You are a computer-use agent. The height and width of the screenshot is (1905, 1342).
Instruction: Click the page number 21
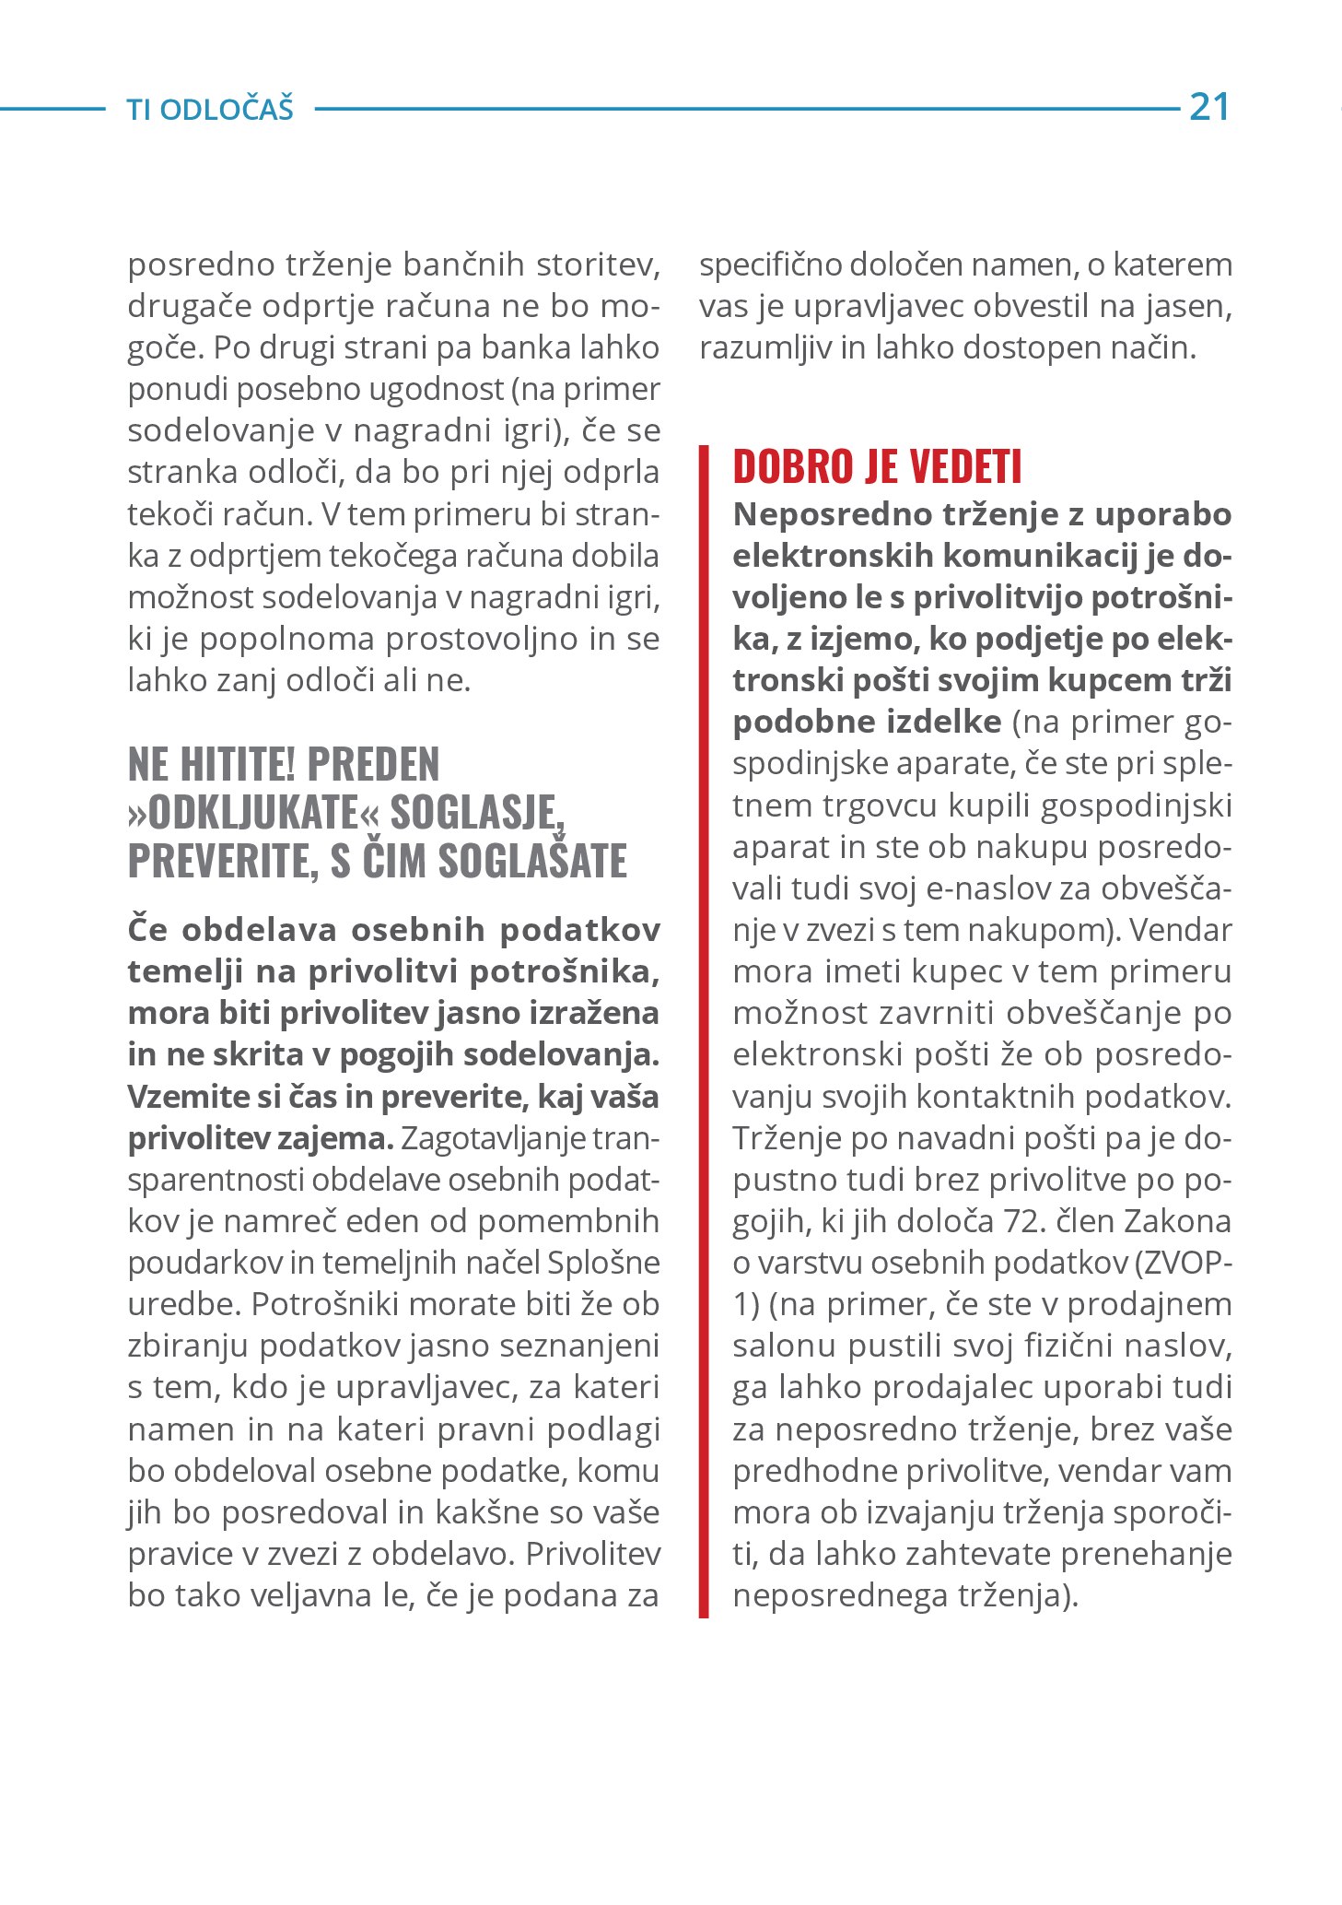pyautogui.click(x=1209, y=108)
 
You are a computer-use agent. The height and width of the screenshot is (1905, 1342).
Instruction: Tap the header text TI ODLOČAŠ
pyautogui.click(x=210, y=110)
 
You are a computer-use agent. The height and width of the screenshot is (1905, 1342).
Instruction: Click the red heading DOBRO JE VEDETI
pyautogui.click(x=877, y=467)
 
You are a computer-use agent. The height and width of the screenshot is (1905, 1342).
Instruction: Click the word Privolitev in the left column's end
pyautogui.click(x=593, y=1554)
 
